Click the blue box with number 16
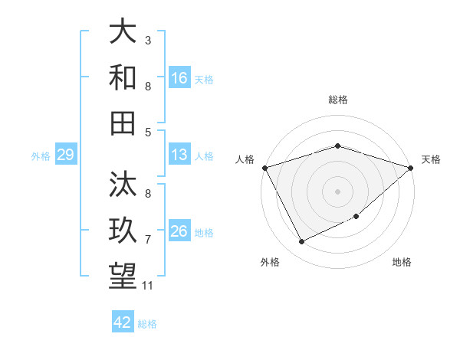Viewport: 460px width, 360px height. [179, 77]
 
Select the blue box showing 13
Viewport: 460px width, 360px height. [179, 155]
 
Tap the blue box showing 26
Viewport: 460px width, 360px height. [179, 231]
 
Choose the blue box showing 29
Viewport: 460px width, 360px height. [65, 155]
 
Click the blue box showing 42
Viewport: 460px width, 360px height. [123, 322]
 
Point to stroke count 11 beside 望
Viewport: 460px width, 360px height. [148, 286]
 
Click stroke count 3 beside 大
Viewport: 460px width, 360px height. [148, 40]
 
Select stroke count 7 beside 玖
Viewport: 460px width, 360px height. [148, 240]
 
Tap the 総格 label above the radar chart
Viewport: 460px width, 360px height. [337, 100]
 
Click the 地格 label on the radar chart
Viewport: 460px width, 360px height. [402, 263]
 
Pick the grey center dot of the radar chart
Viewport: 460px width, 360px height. [337, 191]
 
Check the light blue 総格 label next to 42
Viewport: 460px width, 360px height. [147, 323]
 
